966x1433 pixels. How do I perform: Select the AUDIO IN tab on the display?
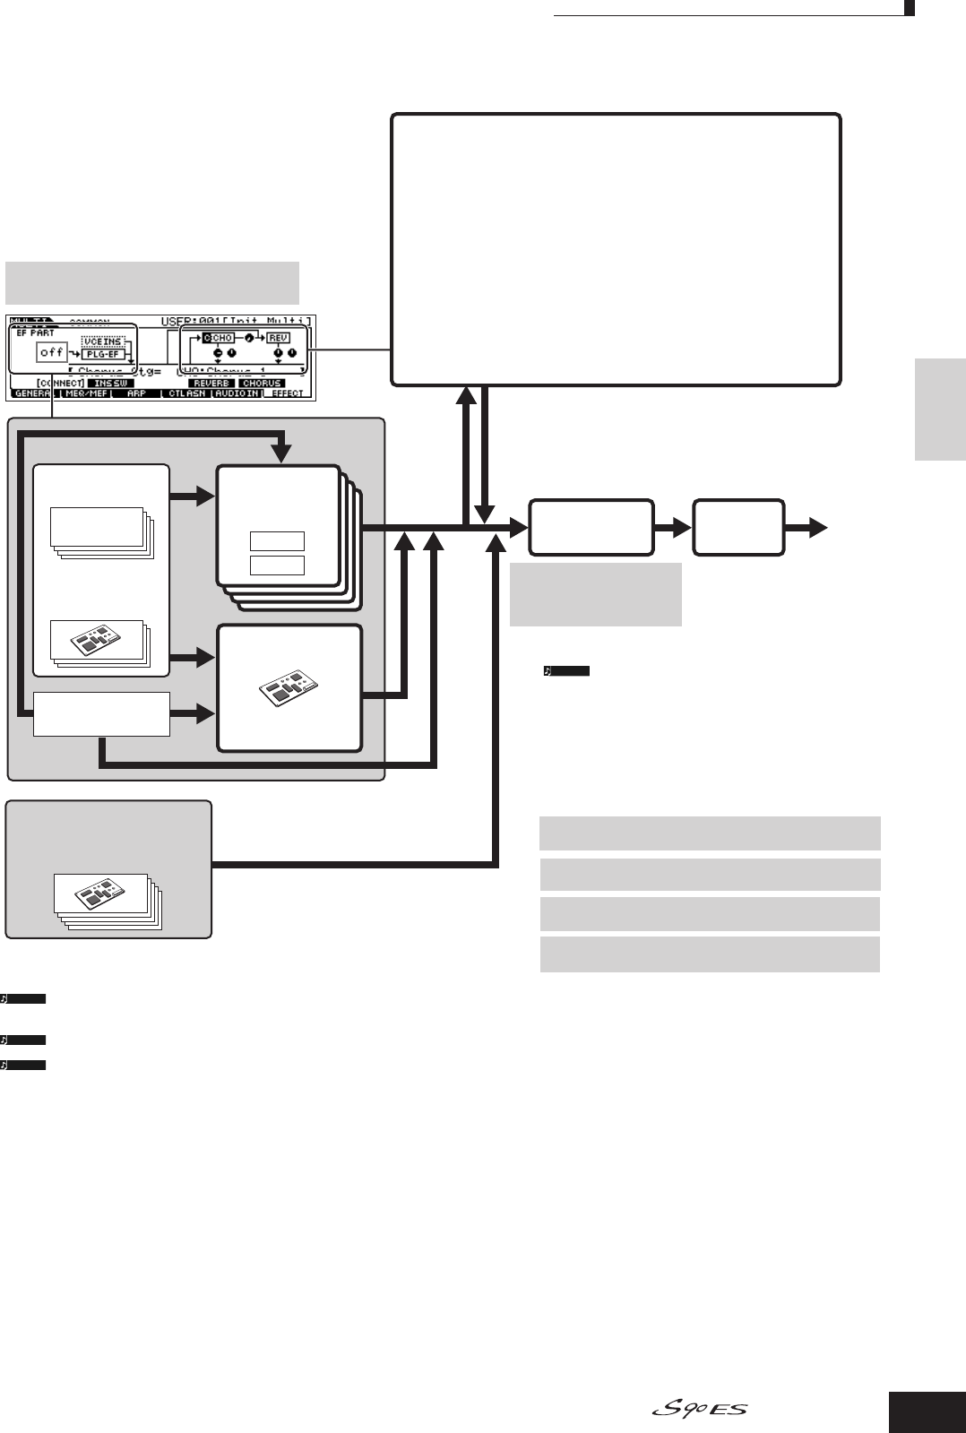coord(237,393)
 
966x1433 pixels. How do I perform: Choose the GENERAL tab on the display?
coord(31,393)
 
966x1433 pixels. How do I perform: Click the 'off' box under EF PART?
coord(52,352)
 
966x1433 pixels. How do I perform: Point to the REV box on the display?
coord(278,338)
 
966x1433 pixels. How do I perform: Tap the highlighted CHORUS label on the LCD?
coord(262,384)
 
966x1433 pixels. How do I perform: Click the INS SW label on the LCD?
coord(110,384)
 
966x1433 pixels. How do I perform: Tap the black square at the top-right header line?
coord(909,10)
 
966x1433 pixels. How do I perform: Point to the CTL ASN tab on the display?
coord(185,393)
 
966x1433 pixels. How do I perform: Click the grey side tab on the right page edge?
coord(940,409)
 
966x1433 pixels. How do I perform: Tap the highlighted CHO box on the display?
coord(218,338)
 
